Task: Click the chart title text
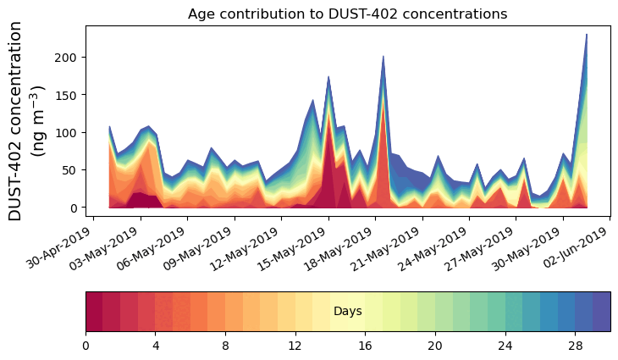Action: pos(347,14)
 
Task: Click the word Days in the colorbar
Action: pos(348,312)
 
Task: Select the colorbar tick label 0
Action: pos(86,346)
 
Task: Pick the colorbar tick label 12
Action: pos(295,346)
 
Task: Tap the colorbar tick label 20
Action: pos(435,346)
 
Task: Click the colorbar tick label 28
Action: pos(575,346)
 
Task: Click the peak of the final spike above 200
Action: pos(587,35)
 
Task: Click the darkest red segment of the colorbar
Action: pos(94,312)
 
